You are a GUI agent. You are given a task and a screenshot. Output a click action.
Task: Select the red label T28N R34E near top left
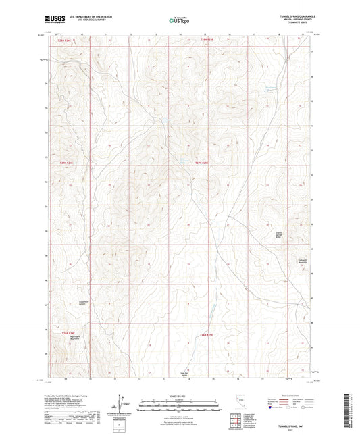[63, 41]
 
